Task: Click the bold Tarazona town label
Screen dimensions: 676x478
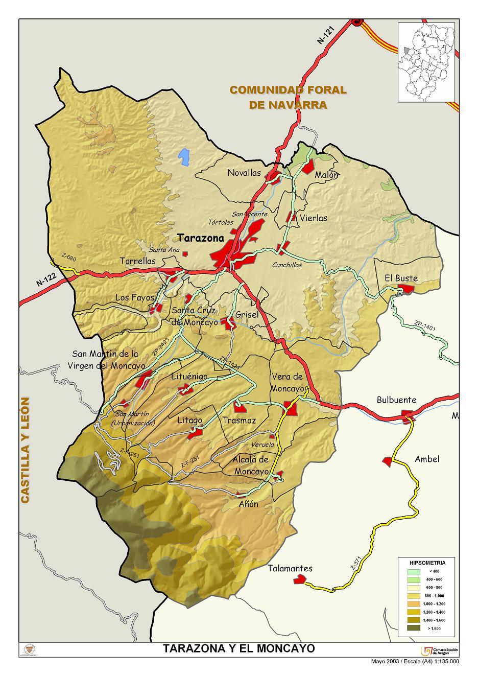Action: tap(201, 238)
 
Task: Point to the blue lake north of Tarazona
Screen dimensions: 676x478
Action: tap(183, 157)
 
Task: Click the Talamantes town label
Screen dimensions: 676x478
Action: tap(290, 568)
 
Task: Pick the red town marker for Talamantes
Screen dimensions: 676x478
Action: tap(299, 579)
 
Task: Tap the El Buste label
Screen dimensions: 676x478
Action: tap(401, 278)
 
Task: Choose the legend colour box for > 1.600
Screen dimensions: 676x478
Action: tap(414, 628)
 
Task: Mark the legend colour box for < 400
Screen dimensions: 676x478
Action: tap(414, 571)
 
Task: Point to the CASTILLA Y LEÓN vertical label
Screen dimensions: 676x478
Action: tap(25, 450)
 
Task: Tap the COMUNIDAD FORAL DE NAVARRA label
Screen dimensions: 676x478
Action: tap(288, 97)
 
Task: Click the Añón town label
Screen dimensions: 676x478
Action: tap(249, 504)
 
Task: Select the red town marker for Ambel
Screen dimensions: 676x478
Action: tap(388, 461)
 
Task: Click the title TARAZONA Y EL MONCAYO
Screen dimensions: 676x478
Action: tap(238, 648)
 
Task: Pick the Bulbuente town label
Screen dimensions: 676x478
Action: tap(396, 400)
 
